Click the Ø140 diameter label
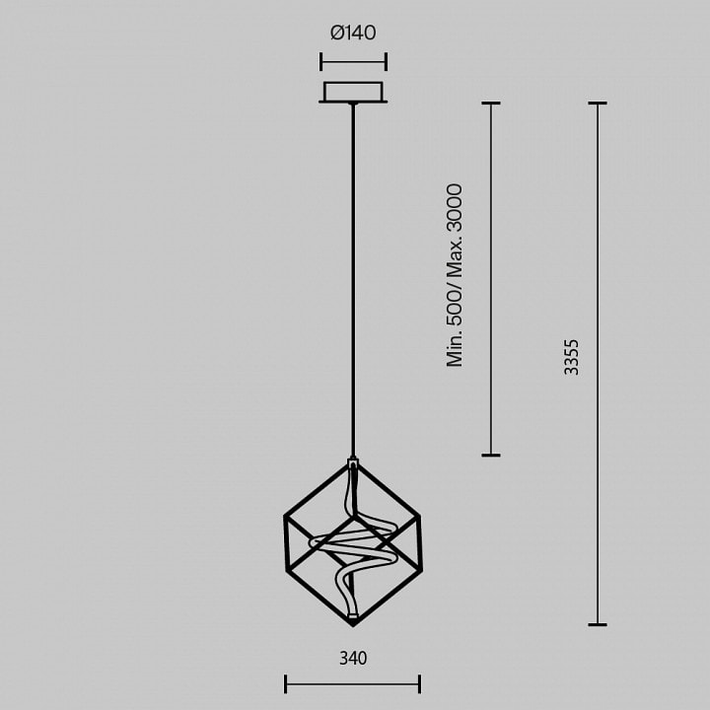pyautogui.click(x=353, y=33)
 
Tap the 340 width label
pyautogui.click(x=353, y=658)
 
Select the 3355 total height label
pyautogui.click(x=571, y=357)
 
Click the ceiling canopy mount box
pyautogui.click(x=353, y=92)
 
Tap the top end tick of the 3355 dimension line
pyautogui.click(x=598, y=104)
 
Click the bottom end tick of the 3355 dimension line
pyautogui.click(x=598, y=625)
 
